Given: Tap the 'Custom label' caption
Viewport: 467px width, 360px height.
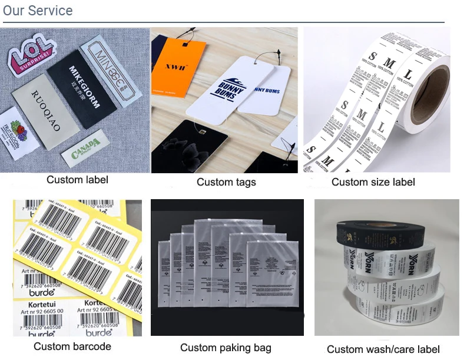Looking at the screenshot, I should tap(77, 179).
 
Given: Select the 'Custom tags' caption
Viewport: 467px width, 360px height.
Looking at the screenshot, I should tap(226, 182).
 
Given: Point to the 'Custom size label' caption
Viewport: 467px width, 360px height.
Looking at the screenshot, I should tap(373, 182).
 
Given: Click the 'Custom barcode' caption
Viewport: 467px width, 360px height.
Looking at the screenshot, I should tap(72, 346).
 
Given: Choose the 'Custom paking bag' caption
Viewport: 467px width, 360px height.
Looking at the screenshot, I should tap(226, 348).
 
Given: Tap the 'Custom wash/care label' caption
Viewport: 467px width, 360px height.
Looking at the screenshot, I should tap(383, 349).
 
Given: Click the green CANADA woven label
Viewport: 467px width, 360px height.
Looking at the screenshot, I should tap(87, 151).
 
